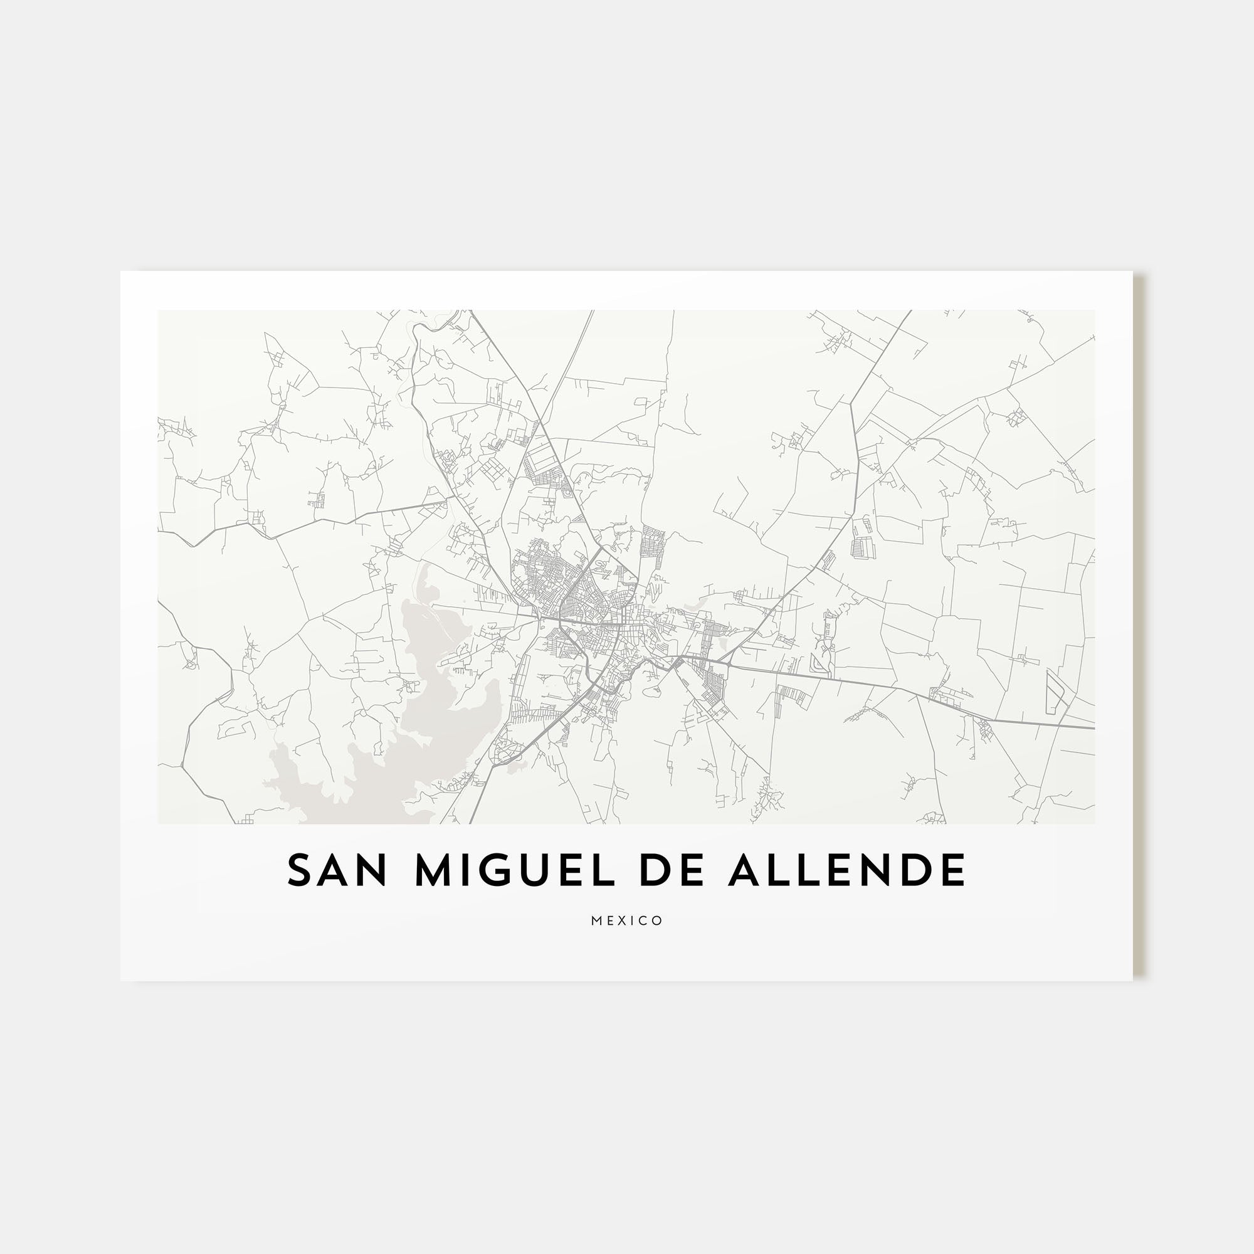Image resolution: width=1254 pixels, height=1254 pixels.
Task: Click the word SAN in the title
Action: coord(337,870)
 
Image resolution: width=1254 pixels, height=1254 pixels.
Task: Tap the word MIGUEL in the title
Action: coord(514,870)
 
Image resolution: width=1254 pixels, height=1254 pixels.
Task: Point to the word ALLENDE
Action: coord(847,870)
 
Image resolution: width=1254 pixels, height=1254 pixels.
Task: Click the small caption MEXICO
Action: coord(627,921)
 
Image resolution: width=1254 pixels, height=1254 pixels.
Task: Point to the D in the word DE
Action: coord(654,870)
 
